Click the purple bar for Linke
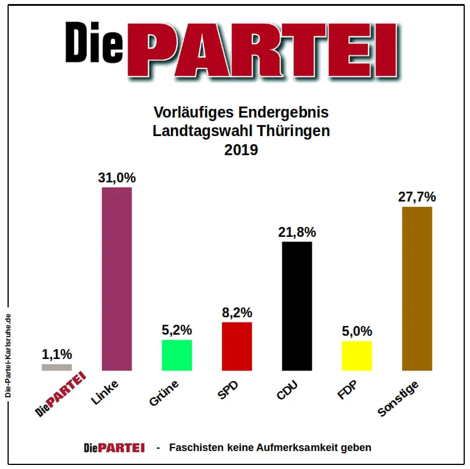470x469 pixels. point(116,279)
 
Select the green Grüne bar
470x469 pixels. point(177,355)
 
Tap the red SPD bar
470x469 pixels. point(237,346)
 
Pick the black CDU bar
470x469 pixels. point(297,306)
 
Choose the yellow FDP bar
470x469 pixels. point(357,356)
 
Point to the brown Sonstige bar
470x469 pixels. point(417,288)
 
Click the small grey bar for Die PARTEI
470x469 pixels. point(57,367)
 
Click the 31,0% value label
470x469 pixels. point(116,178)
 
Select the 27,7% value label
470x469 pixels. point(417,197)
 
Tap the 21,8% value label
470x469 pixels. point(297,232)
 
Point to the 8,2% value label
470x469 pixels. point(237,313)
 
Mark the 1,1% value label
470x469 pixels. point(57,354)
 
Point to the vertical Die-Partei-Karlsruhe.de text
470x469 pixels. point(8,355)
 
